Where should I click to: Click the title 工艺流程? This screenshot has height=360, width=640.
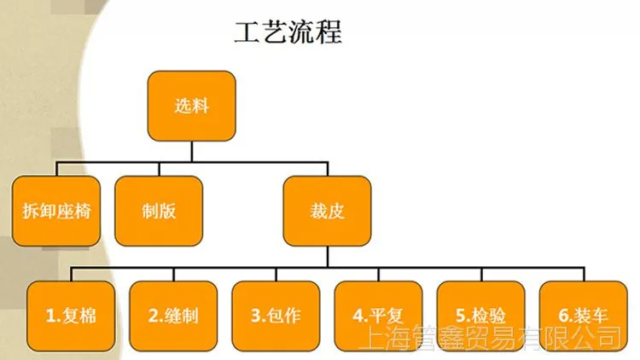(288, 32)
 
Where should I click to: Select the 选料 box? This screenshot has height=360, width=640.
(191, 106)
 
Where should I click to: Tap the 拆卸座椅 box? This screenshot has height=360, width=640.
(56, 211)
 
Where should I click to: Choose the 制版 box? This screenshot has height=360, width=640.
(159, 211)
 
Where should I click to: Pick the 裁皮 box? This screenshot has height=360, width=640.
(327, 211)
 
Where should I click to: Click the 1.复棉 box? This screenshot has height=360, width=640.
(71, 316)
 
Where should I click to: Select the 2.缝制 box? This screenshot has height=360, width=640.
(173, 316)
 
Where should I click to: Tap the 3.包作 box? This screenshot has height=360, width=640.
(276, 316)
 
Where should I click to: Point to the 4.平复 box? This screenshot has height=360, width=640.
(378, 316)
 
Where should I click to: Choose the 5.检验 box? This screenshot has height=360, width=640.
(480, 316)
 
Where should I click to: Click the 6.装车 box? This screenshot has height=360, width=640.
(584, 316)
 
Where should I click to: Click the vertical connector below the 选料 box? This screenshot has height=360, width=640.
(191, 152)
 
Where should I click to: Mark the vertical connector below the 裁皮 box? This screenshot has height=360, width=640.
(328, 257)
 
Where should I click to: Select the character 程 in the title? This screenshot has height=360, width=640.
(329, 32)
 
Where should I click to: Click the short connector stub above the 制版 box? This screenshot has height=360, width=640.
(159, 169)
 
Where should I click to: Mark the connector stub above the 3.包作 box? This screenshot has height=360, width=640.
(276, 275)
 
